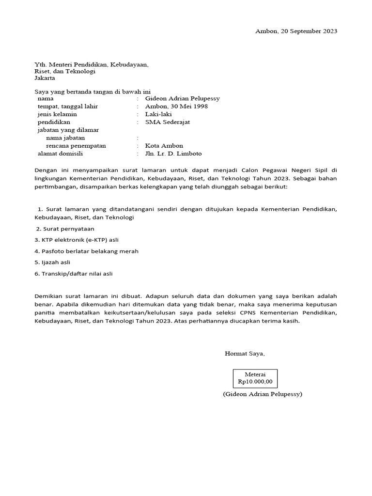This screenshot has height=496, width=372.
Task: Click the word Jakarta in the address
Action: click(x=45, y=78)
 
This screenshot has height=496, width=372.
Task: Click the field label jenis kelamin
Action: click(x=57, y=114)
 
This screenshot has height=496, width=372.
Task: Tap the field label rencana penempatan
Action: click(x=76, y=146)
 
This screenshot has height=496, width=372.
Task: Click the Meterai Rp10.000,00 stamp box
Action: click(x=255, y=378)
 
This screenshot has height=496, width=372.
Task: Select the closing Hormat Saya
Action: click(x=245, y=354)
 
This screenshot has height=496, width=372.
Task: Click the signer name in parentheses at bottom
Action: click(x=263, y=394)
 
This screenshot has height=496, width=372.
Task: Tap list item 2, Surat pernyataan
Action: click(x=65, y=229)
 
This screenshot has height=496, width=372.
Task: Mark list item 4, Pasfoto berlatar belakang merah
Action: click(x=87, y=251)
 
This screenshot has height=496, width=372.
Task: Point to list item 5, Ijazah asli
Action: click(x=52, y=262)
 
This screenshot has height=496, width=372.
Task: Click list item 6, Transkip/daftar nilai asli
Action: click(x=73, y=273)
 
